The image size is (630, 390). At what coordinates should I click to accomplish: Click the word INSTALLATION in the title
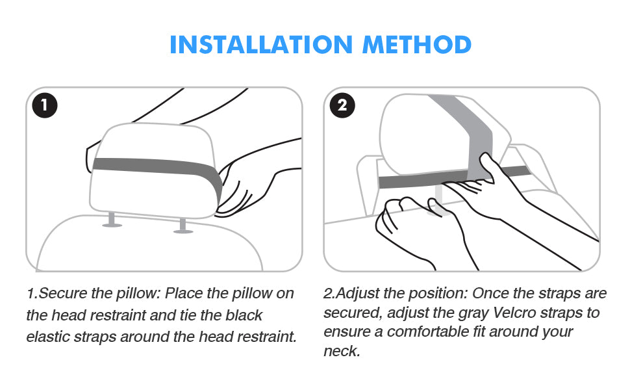pyautogui.click(x=261, y=44)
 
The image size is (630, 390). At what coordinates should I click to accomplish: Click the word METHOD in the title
pyautogui.click(x=417, y=44)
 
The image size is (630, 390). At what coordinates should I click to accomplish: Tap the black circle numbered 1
pyautogui.click(x=45, y=105)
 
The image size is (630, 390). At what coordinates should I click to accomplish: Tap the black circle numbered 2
pyautogui.click(x=342, y=105)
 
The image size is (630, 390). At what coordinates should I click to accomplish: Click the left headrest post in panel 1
pyautogui.click(x=112, y=220)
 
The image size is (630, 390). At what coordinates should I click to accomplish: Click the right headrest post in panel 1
pyautogui.click(x=183, y=226)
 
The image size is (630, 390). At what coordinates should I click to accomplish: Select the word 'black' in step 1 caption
pyautogui.click(x=244, y=315)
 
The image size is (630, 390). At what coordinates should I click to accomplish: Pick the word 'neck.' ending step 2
pyautogui.click(x=342, y=351)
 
